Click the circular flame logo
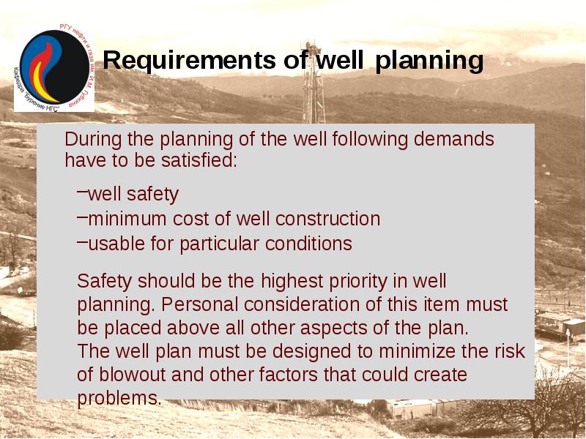pos(53,68)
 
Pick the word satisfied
pos(199,160)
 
